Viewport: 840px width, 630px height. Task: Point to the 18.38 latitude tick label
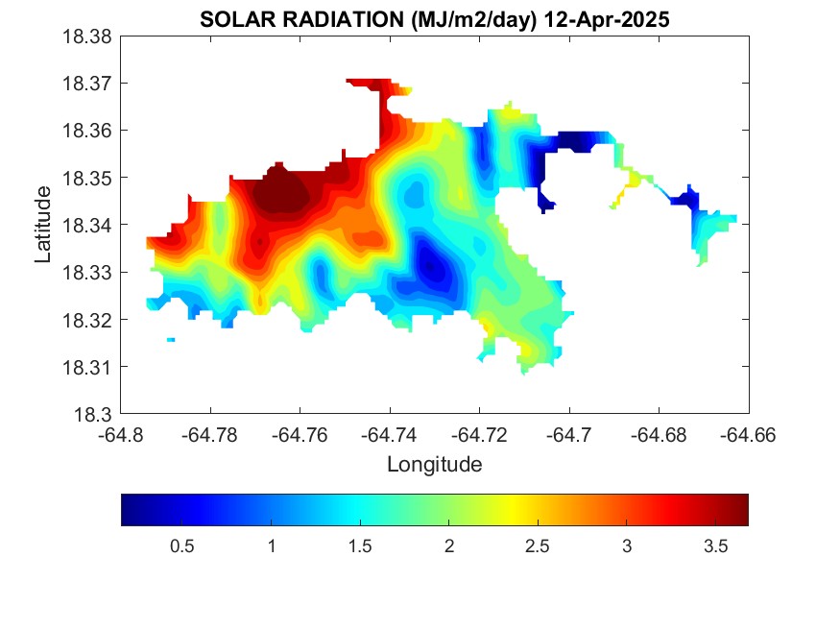89,36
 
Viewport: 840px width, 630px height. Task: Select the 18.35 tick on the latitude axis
89,179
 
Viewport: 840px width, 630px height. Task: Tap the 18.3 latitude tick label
94,415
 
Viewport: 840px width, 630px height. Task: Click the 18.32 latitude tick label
89,320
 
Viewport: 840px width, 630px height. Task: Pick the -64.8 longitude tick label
122,434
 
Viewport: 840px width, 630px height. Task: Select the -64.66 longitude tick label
747,434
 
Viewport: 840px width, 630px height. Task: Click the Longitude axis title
434,465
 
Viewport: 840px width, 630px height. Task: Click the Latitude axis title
43,226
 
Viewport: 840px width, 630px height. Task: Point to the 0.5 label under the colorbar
182,546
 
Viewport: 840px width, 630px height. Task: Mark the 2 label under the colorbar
448,546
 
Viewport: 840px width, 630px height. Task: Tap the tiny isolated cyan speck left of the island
171,340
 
